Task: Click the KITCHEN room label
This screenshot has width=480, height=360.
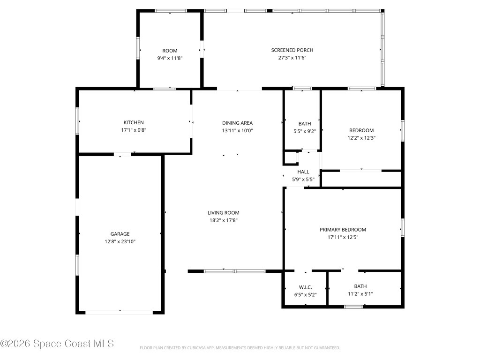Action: [x=134, y=122]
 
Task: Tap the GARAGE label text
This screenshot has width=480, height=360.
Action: [x=120, y=234]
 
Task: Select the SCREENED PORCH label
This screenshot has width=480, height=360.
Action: [x=292, y=50]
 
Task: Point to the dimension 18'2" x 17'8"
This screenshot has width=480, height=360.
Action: [x=224, y=220]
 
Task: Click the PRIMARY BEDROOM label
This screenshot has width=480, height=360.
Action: [x=343, y=230]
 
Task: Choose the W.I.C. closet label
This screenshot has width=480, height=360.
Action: [x=305, y=287]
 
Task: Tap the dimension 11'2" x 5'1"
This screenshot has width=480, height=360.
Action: [x=360, y=294]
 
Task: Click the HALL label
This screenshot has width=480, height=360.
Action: [x=303, y=172]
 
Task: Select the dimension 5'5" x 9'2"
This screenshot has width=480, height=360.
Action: [x=304, y=131]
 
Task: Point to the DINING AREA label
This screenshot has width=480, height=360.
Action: [x=237, y=123]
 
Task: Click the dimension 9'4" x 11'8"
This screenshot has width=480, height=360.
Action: [x=170, y=58]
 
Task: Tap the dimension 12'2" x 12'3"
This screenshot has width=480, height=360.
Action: [x=361, y=138]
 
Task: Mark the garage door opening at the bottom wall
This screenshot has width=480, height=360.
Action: [x=120, y=312]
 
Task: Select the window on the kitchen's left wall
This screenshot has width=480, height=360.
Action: [x=78, y=121]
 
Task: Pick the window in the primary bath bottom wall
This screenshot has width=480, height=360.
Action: [x=353, y=307]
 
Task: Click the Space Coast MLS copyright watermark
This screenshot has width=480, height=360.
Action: [x=57, y=344]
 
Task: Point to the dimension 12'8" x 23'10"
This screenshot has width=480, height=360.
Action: [x=120, y=241]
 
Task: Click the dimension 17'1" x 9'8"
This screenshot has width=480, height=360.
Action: [x=134, y=130]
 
